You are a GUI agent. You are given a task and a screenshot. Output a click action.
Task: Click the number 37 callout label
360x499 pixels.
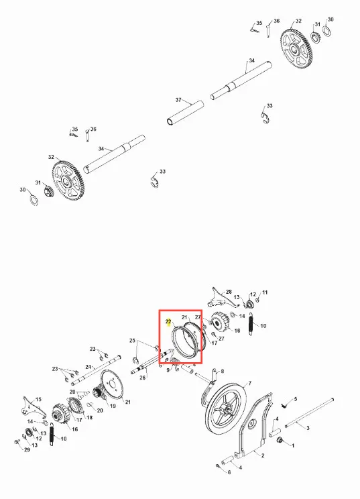[178, 100]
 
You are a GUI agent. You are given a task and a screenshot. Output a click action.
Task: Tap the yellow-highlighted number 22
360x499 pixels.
[168, 322]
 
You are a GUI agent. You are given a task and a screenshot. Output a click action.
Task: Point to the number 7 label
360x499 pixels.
[250, 383]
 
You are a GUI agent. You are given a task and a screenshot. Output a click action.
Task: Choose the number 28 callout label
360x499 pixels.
[229, 292]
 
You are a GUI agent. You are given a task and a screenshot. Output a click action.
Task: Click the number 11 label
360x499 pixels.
[265, 292]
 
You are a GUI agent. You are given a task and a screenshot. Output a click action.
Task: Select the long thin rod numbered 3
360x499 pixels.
[309, 412]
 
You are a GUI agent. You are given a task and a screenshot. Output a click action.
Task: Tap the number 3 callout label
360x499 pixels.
[308, 428]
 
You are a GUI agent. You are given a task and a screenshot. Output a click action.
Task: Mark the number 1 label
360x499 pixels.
[293, 445]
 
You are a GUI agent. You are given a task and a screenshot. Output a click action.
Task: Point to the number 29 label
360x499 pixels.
[27, 449]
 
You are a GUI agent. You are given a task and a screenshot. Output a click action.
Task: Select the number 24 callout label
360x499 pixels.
[88, 367]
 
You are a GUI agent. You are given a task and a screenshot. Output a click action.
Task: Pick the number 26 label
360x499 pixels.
[143, 378]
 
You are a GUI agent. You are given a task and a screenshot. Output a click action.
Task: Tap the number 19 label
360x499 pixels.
[113, 406]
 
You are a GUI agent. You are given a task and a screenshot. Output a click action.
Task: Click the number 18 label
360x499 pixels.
[90, 417]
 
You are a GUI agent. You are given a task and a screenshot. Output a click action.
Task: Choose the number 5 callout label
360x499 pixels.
[296, 399]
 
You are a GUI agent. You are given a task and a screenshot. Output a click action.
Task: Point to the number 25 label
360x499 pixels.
[132, 341]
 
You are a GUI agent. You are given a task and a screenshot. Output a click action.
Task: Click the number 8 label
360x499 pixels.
[222, 371]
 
